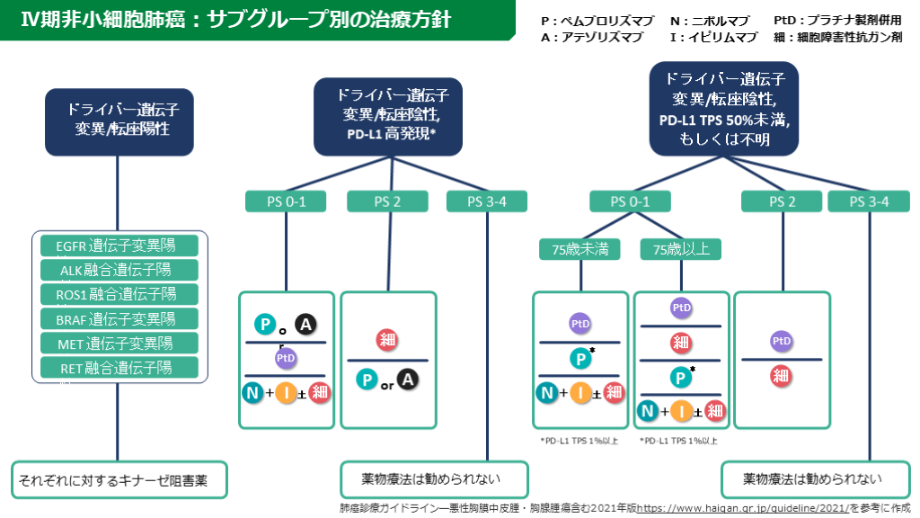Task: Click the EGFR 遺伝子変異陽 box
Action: click(119, 246)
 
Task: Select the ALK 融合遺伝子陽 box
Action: click(119, 270)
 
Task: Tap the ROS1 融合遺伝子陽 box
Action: click(119, 294)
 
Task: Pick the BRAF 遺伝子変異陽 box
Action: click(119, 318)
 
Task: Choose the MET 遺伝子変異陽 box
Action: click(119, 343)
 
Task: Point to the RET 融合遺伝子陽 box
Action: click(119, 367)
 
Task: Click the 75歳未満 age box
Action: click(579, 248)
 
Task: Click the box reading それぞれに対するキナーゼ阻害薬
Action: click(119, 480)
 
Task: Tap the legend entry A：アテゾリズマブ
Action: click(592, 37)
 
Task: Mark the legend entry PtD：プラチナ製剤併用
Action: click(836, 20)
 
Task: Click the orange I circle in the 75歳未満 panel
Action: click(581, 391)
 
